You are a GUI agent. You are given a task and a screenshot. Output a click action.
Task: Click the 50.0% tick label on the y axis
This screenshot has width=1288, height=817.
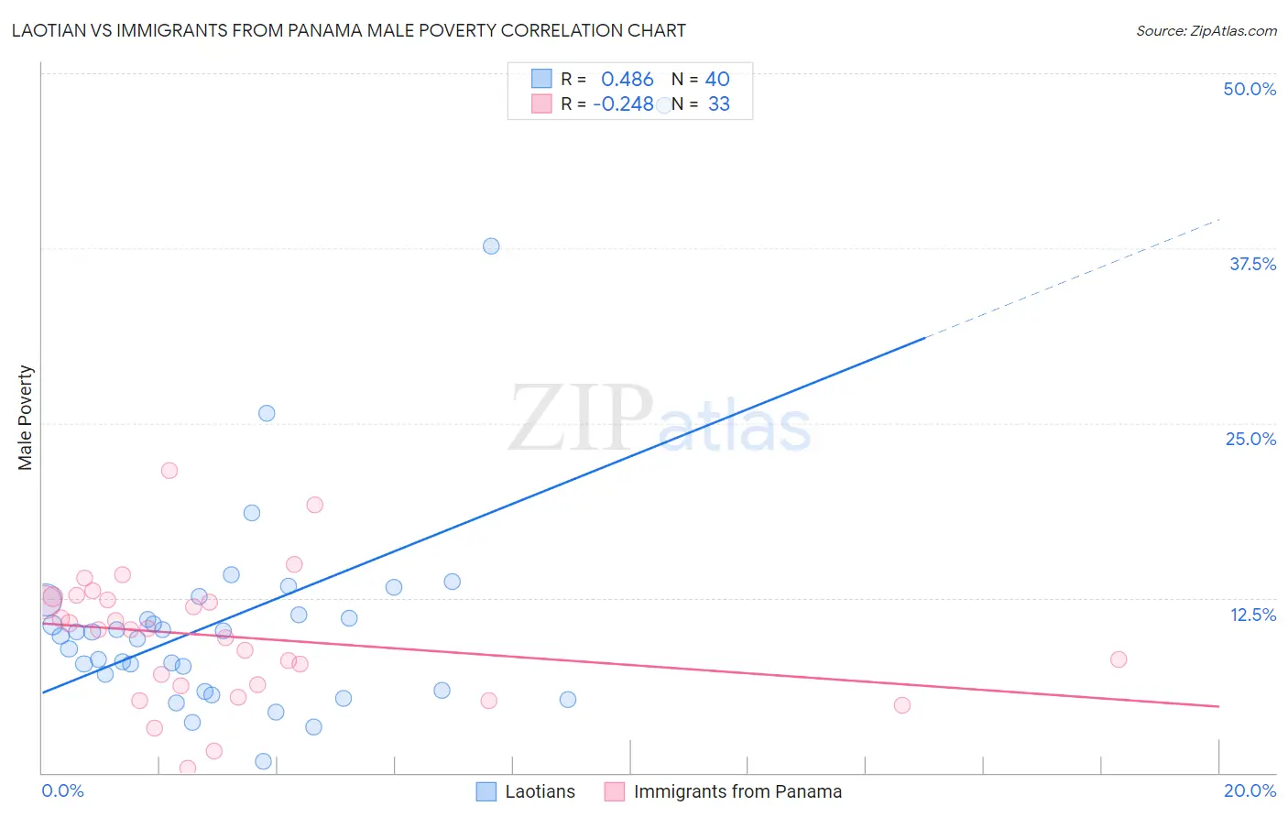(x=1250, y=89)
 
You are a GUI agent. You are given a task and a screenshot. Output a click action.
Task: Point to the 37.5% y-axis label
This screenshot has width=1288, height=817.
(x=1252, y=264)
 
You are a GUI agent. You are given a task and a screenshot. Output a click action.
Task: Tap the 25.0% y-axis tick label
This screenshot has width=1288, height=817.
(x=1250, y=439)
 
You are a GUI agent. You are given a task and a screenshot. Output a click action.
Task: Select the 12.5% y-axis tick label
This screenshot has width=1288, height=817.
(x=1252, y=615)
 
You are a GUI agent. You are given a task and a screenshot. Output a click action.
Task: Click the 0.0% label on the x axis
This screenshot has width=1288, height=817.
(x=62, y=790)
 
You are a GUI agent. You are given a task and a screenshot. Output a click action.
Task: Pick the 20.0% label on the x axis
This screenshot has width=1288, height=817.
(x=1250, y=790)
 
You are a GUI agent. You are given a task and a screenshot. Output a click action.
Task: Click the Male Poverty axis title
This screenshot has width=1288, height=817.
(x=26, y=418)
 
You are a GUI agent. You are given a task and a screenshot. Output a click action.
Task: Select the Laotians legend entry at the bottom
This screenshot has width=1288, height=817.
(x=540, y=791)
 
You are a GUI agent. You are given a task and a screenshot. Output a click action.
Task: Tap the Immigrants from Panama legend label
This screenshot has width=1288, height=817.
(x=737, y=791)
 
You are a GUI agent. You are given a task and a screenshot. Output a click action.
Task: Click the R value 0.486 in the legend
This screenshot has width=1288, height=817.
(x=627, y=80)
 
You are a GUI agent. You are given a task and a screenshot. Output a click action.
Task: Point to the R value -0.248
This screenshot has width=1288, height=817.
(x=623, y=104)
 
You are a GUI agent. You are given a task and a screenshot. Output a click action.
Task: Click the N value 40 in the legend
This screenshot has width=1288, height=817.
(x=717, y=80)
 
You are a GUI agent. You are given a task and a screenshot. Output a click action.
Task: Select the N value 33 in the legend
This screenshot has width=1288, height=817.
(x=719, y=104)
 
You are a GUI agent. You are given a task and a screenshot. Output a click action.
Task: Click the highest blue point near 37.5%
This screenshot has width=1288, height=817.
(x=491, y=246)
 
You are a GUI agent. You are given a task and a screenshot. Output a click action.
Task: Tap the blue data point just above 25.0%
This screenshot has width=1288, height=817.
(x=267, y=413)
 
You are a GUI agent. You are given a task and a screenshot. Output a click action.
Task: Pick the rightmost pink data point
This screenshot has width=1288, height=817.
(x=1118, y=659)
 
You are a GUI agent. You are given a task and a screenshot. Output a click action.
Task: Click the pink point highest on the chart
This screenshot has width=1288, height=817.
(x=169, y=471)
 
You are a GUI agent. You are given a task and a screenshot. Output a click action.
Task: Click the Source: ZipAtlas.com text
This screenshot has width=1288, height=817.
(x=1206, y=31)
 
